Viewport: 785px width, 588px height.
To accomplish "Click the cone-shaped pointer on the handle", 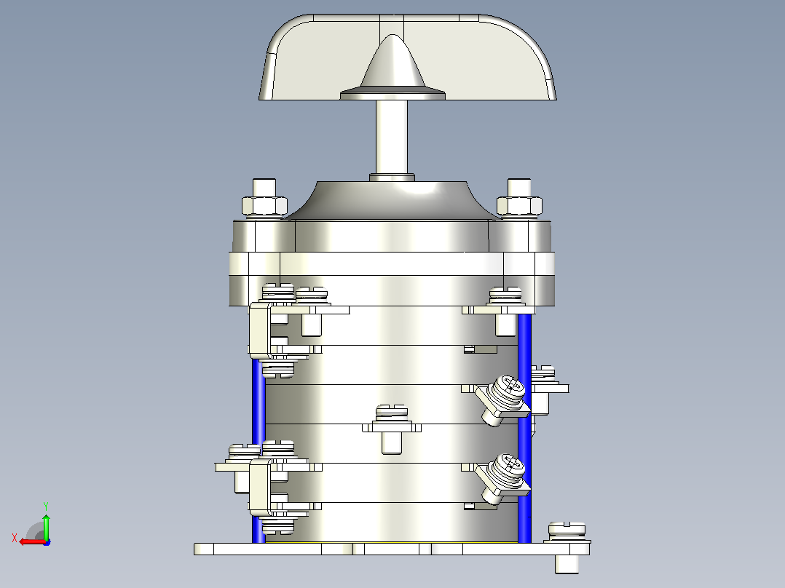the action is point(392,65).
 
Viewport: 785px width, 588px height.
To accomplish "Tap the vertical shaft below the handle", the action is point(392,137).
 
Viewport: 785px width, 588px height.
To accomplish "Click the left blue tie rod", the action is point(259,450).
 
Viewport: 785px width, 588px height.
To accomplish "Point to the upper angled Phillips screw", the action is point(503,399).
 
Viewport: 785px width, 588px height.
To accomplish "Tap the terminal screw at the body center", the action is point(392,429).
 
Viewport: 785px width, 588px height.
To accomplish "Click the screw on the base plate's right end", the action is point(567,547).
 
